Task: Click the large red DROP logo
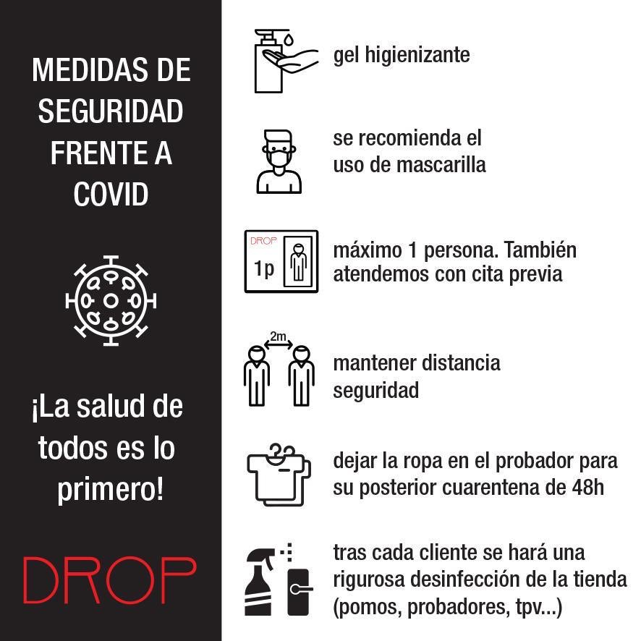pyautogui.click(x=110, y=580)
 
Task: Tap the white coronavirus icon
pyautogui.click(x=111, y=300)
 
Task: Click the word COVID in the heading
pyautogui.click(x=111, y=194)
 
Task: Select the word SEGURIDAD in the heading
pyautogui.click(x=111, y=111)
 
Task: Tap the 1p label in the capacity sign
pyautogui.click(x=264, y=268)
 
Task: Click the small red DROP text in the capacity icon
pyautogui.click(x=263, y=242)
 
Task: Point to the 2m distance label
pyautogui.click(x=278, y=336)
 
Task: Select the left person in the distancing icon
pyautogui.click(x=256, y=375)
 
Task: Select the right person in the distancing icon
pyautogui.click(x=301, y=375)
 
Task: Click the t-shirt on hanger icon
pyautogui.click(x=279, y=475)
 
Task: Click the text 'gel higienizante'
pyautogui.click(x=402, y=55)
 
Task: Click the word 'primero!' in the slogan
pyautogui.click(x=111, y=490)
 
